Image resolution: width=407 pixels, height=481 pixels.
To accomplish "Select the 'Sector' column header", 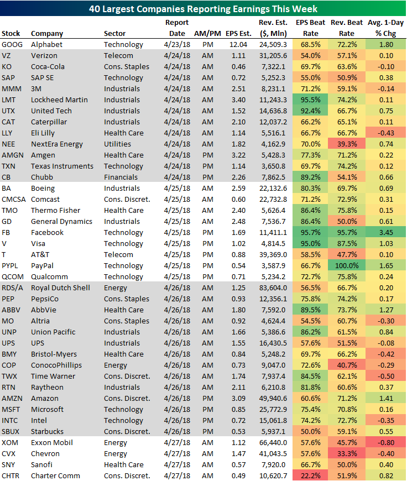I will point(114,34).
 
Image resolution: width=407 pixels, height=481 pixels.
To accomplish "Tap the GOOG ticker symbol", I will point(12,44).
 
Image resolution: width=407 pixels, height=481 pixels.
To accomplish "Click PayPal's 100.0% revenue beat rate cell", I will point(345,265).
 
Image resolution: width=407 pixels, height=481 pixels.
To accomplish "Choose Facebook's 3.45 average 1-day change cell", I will point(387,232).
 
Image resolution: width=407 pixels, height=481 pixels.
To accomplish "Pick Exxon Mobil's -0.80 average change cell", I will point(387,442).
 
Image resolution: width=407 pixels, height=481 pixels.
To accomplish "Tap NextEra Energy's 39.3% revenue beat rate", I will point(345,144).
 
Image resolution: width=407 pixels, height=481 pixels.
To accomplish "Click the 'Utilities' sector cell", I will point(117,144).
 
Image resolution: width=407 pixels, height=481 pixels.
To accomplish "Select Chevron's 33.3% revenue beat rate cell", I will point(345,453).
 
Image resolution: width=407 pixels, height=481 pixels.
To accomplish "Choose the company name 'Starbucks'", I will point(47,431).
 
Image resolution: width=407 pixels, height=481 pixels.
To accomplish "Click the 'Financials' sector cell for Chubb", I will point(120,177).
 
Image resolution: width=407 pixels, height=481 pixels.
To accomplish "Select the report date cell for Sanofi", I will point(176,464).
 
